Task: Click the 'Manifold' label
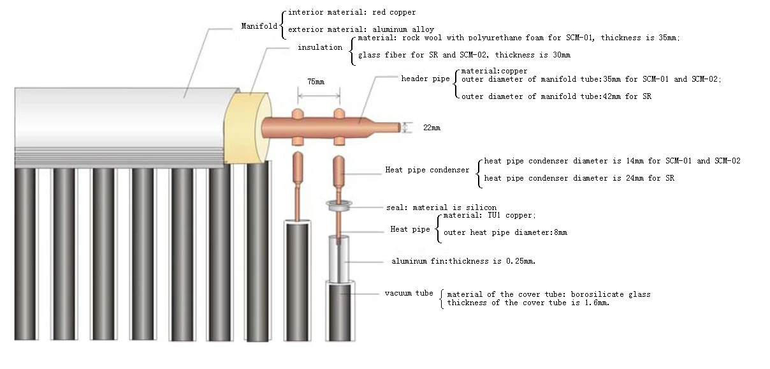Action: (x=259, y=26)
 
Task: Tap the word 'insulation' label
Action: (x=319, y=48)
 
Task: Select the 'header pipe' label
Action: (x=425, y=79)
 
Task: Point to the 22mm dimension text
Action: (x=432, y=128)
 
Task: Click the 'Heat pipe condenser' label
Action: (x=426, y=170)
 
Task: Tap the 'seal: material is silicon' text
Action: (x=441, y=207)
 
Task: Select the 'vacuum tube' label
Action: (x=409, y=293)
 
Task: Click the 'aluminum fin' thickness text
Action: (x=463, y=262)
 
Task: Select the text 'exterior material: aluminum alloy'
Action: (x=361, y=29)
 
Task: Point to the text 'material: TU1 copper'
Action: (x=490, y=216)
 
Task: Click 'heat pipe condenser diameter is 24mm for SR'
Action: (x=579, y=178)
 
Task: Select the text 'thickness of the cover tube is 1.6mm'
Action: (x=528, y=303)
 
